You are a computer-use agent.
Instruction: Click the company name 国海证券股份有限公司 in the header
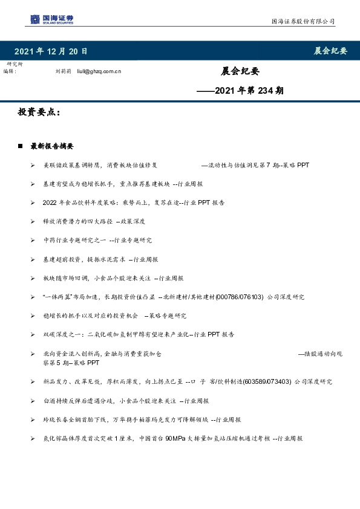[302, 21]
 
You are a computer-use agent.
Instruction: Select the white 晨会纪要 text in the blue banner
[330, 51]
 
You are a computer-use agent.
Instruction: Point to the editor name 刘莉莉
[63, 71]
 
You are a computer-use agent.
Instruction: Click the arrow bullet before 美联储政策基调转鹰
[33, 165]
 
